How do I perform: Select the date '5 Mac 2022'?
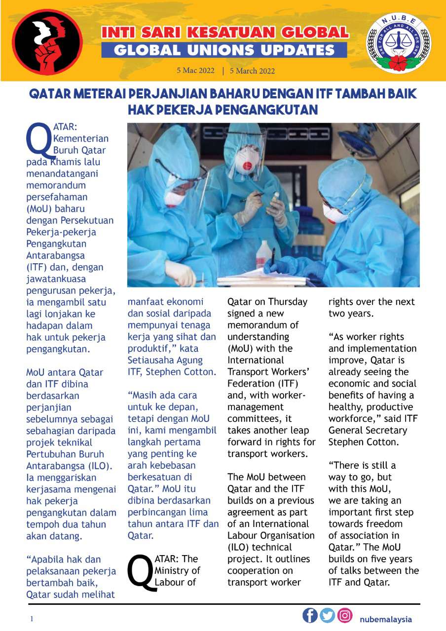click(196, 70)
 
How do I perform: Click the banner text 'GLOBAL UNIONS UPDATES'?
click(224, 50)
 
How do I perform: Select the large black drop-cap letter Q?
click(140, 572)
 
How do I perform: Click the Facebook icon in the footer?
click(310, 616)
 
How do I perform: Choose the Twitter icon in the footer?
click(327, 616)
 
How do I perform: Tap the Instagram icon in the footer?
click(345, 616)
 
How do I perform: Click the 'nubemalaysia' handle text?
click(386, 619)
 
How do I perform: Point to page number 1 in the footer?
click(31, 619)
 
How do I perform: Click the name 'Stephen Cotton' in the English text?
click(360, 442)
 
